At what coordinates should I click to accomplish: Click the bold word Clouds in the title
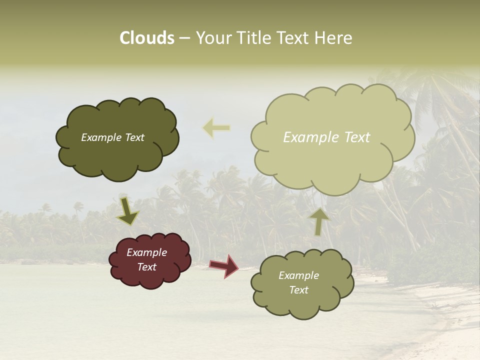pyautogui.click(x=147, y=38)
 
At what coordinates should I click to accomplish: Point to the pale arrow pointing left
pyautogui.click(x=216, y=128)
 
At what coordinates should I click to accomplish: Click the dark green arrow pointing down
pyautogui.click(x=128, y=210)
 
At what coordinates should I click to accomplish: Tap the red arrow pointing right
pyautogui.click(x=224, y=265)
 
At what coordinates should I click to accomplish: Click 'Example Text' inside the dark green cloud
pyautogui.click(x=112, y=137)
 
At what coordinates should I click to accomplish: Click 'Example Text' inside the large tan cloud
pyautogui.click(x=326, y=137)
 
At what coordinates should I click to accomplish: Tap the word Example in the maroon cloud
pyautogui.click(x=146, y=252)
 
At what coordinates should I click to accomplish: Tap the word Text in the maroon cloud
pyautogui.click(x=146, y=267)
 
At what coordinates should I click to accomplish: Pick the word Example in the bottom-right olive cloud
pyautogui.click(x=298, y=275)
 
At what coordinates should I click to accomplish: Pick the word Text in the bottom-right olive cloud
pyautogui.click(x=298, y=290)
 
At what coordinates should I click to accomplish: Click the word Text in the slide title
pyautogui.click(x=293, y=38)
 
